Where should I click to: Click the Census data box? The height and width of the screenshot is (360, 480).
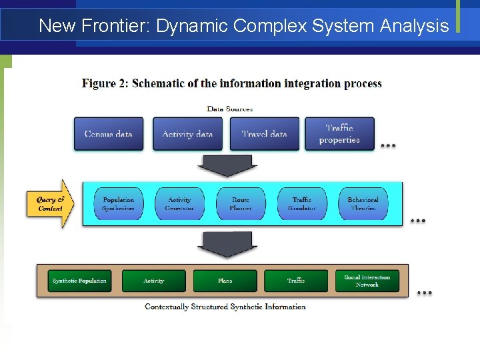(108, 133)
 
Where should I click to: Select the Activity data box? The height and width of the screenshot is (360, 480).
(187, 133)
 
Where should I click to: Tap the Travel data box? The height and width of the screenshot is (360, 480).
(264, 133)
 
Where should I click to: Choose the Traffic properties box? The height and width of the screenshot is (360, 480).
(339, 133)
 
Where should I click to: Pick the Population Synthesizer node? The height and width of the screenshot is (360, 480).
(119, 203)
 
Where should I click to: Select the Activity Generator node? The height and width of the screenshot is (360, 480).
(179, 203)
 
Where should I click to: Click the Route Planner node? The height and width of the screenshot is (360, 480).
(241, 203)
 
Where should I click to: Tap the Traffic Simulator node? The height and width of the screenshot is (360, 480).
(302, 203)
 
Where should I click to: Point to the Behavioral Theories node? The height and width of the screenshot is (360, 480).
(363, 203)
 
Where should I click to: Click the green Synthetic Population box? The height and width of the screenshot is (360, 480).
(79, 281)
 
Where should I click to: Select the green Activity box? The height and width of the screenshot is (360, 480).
(154, 281)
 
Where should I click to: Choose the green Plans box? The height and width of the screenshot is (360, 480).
(225, 281)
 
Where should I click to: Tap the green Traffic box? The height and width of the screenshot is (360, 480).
(296, 281)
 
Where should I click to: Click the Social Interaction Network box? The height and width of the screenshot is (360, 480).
(367, 281)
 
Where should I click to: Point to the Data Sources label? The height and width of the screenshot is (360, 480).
(230, 109)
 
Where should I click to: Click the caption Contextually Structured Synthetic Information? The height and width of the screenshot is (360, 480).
(225, 307)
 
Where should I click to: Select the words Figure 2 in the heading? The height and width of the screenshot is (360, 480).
(105, 83)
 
